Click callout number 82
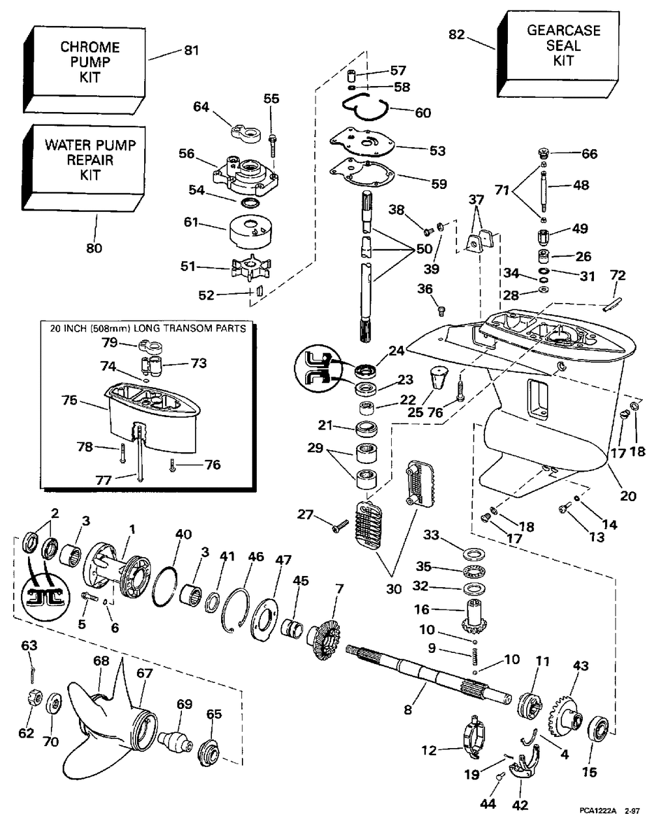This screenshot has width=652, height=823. [x=457, y=35]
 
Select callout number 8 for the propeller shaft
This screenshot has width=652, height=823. [x=408, y=710]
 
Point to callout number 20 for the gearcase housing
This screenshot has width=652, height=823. [x=627, y=495]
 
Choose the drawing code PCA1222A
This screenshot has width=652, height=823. [x=597, y=811]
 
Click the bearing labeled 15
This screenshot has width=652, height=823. [x=599, y=729]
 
